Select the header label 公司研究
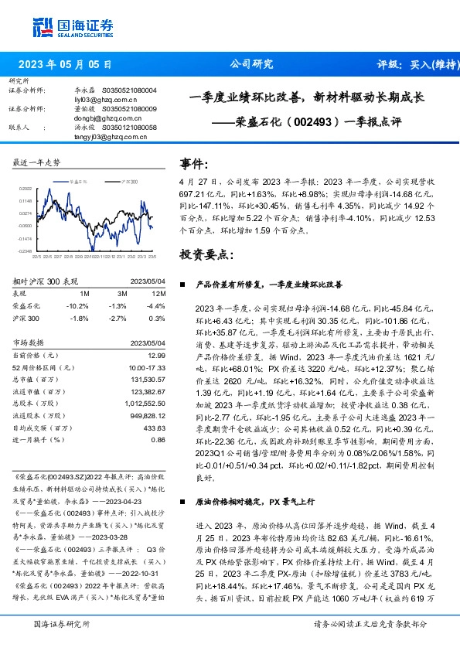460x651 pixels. [251, 65]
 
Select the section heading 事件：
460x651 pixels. [194, 164]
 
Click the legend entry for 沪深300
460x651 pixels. [127, 179]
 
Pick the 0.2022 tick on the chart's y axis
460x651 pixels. [26, 188]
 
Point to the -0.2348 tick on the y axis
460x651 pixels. [26, 251]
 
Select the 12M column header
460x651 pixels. [158, 295]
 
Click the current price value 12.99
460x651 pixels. [157, 354]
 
